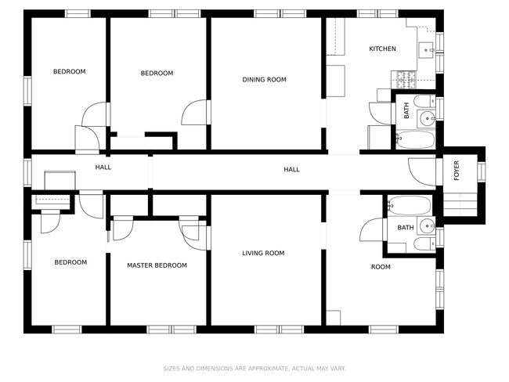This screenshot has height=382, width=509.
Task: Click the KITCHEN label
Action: point(382,49)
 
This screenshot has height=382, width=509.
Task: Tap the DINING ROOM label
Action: point(264,80)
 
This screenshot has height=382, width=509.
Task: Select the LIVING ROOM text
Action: point(263,253)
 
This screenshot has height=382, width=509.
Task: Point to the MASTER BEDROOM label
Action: point(157,265)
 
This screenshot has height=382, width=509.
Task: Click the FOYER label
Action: point(457,171)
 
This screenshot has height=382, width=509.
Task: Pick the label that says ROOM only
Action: point(381,267)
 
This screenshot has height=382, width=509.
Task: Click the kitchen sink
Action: point(426,50)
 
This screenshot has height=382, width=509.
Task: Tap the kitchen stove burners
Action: point(405,80)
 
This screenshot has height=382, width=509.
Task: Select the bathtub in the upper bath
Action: point(415,139)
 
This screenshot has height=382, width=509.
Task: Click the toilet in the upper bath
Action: point(424,101)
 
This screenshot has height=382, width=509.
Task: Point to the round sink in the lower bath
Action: point(427,225)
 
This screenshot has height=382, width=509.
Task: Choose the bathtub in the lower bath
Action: point(410,205)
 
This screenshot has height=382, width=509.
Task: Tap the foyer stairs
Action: point(460,204)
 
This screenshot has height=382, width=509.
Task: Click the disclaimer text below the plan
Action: point(254,369)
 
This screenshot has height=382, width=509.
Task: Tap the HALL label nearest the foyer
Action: point(291,169)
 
